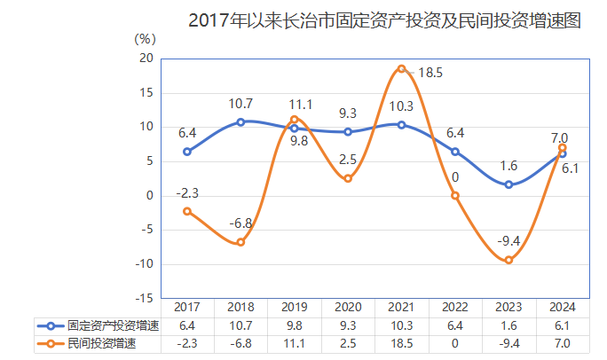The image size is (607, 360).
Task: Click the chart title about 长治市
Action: tap(384, 20)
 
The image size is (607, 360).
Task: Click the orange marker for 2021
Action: tap(401, 69)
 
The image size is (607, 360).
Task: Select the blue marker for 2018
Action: tap(240, 122)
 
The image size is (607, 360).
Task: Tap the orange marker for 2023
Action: tap(508, 260)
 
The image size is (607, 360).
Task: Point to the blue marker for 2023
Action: tap(508, 184)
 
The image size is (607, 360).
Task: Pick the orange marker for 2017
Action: tap(187, 211)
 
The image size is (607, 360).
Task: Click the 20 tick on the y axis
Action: tap(146, 59)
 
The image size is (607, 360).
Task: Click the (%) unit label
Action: tap(145, 38)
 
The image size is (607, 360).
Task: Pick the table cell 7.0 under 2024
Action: tap(562, 343)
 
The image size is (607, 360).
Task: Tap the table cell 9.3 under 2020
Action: tap(348, 325)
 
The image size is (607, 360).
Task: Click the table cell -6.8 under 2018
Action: tap(240, 343)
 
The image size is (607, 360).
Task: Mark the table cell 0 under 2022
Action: tap(455, 343)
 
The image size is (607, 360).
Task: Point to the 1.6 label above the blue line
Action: tap(508, 166)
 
